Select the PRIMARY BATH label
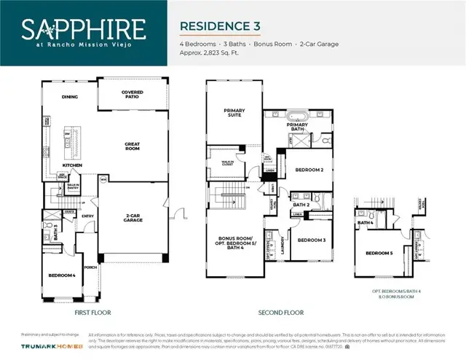(297, 126)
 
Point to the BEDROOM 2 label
(309, 170)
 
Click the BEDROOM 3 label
(311, 239)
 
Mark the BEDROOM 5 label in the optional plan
(379, 253)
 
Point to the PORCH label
(90, 267)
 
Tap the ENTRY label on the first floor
(88, 216)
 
